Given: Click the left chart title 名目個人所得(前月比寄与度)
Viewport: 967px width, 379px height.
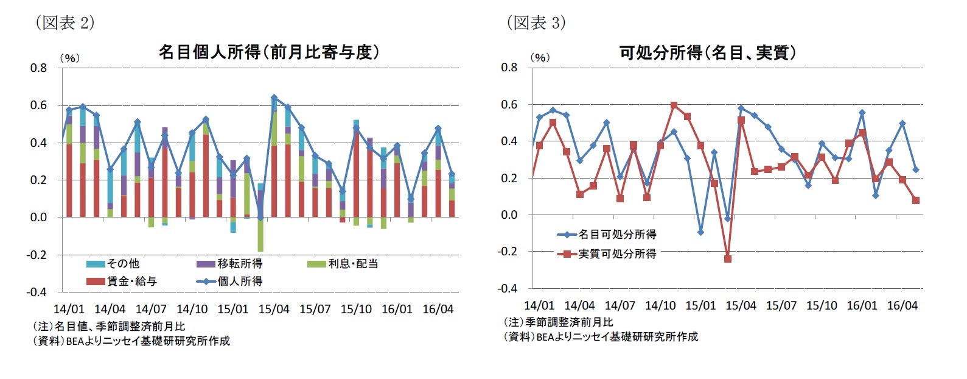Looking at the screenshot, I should [269, 52].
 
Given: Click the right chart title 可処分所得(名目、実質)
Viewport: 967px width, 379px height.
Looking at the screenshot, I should [708, 53].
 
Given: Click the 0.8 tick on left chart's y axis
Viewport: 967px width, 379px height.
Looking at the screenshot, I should [38, 68].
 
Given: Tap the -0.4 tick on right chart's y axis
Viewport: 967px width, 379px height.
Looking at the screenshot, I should [508, 288].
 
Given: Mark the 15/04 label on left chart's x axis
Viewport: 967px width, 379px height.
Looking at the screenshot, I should [274, 309].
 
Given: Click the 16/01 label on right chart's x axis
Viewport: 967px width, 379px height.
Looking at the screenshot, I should [862, 305].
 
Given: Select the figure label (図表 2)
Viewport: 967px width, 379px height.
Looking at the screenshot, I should [65, 23].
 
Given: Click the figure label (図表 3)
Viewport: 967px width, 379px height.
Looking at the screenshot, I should [536, 23].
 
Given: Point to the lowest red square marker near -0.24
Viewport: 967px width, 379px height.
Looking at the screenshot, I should [727, 259].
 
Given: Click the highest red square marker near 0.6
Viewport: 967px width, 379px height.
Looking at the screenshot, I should [674, 105].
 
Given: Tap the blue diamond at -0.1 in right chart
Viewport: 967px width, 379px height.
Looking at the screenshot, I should [700, 232].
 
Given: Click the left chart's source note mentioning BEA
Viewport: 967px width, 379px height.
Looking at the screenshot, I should [131, 341].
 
